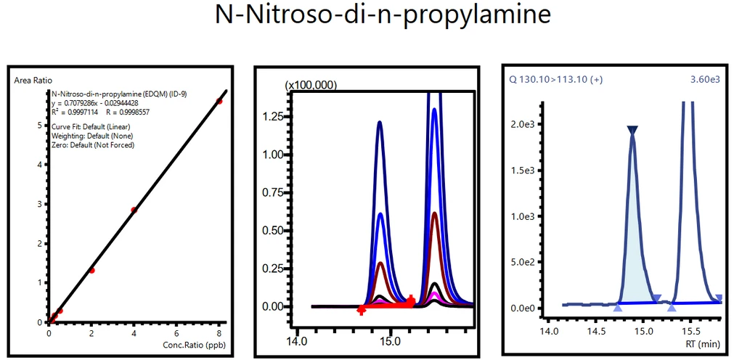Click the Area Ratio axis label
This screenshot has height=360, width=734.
click(x=33, y=80)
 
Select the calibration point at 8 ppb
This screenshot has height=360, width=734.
click(x=219, y=101)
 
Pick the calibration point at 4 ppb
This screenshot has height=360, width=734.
click(x=134, y=210)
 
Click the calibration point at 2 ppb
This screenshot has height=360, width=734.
click(x=92, y=270)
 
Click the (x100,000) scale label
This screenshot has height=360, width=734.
click(x=311, y=85)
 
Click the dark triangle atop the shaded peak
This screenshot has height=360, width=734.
click(x=632, y=131)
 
